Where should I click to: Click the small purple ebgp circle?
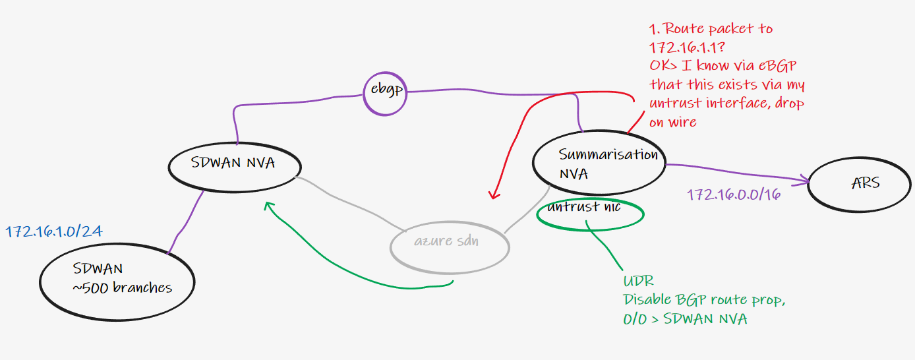coord(385,94)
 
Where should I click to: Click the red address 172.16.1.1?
coord(688,47)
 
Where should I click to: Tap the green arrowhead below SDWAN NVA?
coord(268,206)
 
